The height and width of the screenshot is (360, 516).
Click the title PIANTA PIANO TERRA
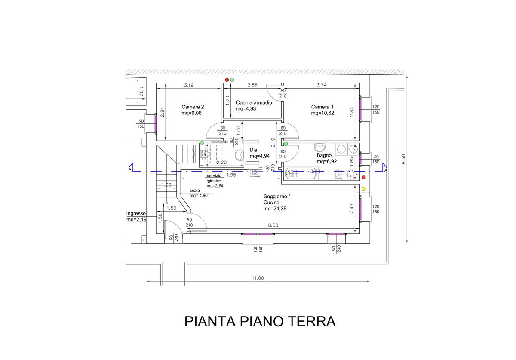(260, 321)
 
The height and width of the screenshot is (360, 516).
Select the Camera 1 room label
(322, 107)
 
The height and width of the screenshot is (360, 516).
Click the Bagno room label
(324, 155)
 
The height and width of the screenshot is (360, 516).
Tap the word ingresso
(136, 213)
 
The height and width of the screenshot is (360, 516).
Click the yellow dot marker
(364, 188)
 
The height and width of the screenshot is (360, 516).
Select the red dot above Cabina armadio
(227, 80)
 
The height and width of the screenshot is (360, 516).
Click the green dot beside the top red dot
(232, 80)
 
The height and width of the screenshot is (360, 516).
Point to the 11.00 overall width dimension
(258, 278)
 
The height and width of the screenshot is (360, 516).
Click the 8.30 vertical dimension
(404, 159)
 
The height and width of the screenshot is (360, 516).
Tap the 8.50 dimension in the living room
(273, 225)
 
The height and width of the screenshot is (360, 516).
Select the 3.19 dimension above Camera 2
(189, 85)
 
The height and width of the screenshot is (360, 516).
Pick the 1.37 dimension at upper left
(141, 91)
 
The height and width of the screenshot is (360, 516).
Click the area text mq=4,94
(259, 156)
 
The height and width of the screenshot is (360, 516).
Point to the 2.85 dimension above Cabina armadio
(252, 85)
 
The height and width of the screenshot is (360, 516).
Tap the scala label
(195, 191)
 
